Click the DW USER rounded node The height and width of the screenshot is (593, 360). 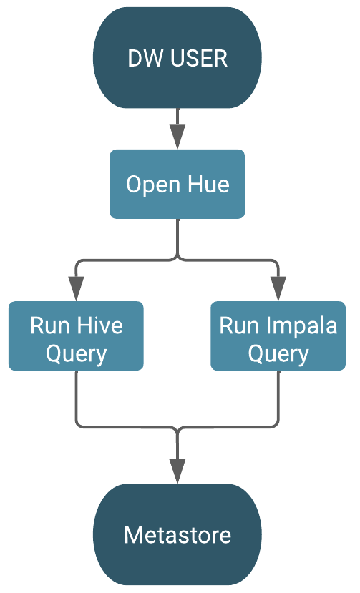[177, 57]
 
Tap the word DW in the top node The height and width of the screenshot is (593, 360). [142, 59]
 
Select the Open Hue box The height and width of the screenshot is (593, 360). [177, 184]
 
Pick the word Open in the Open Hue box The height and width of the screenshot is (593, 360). [152, 185]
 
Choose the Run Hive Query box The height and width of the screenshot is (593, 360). [76, 336]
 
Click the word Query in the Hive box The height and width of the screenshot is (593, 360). [76, 353]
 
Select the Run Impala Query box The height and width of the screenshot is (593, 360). [278, 336]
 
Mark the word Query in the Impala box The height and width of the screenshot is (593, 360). [278, 353]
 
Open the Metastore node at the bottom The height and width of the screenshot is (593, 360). [177, 534]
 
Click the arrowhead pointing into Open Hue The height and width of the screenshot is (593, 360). [177, 136]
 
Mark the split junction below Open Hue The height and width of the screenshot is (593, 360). [177, 259]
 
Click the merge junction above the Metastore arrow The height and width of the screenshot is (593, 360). [177, 428]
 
